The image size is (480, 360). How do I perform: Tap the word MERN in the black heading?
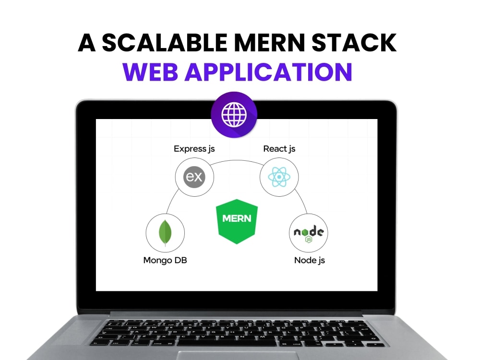(270, 43)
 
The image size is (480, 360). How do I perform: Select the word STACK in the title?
(354, 43)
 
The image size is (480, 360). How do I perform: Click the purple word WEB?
(150, 72)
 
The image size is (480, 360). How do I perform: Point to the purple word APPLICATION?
(268, 72)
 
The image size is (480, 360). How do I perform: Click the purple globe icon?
(234, 115)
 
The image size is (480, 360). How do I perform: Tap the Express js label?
(194, 149)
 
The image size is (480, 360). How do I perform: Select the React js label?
(279, 149)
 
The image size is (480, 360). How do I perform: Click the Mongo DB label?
(165, 260)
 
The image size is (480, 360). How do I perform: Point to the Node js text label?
(310, 260)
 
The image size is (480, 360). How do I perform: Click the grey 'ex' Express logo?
(194, 177)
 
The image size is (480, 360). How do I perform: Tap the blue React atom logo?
(279, 177)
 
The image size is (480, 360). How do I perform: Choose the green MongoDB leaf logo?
(165, 233)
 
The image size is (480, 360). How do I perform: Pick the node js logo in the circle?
(309, 234)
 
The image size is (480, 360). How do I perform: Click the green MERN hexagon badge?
(237, 221)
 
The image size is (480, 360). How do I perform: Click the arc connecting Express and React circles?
(237, 160)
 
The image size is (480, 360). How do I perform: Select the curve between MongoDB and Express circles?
(171, 201)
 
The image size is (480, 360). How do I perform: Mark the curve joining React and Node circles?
(302, 201)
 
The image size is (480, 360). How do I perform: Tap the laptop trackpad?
(237, 355)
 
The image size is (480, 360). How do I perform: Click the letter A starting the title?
(86, 43)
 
